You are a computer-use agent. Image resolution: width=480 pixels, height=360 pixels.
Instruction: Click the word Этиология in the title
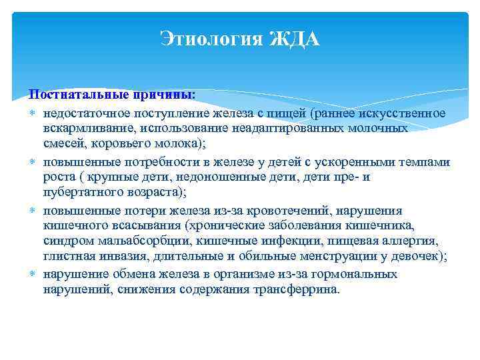(x=210, y=41)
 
